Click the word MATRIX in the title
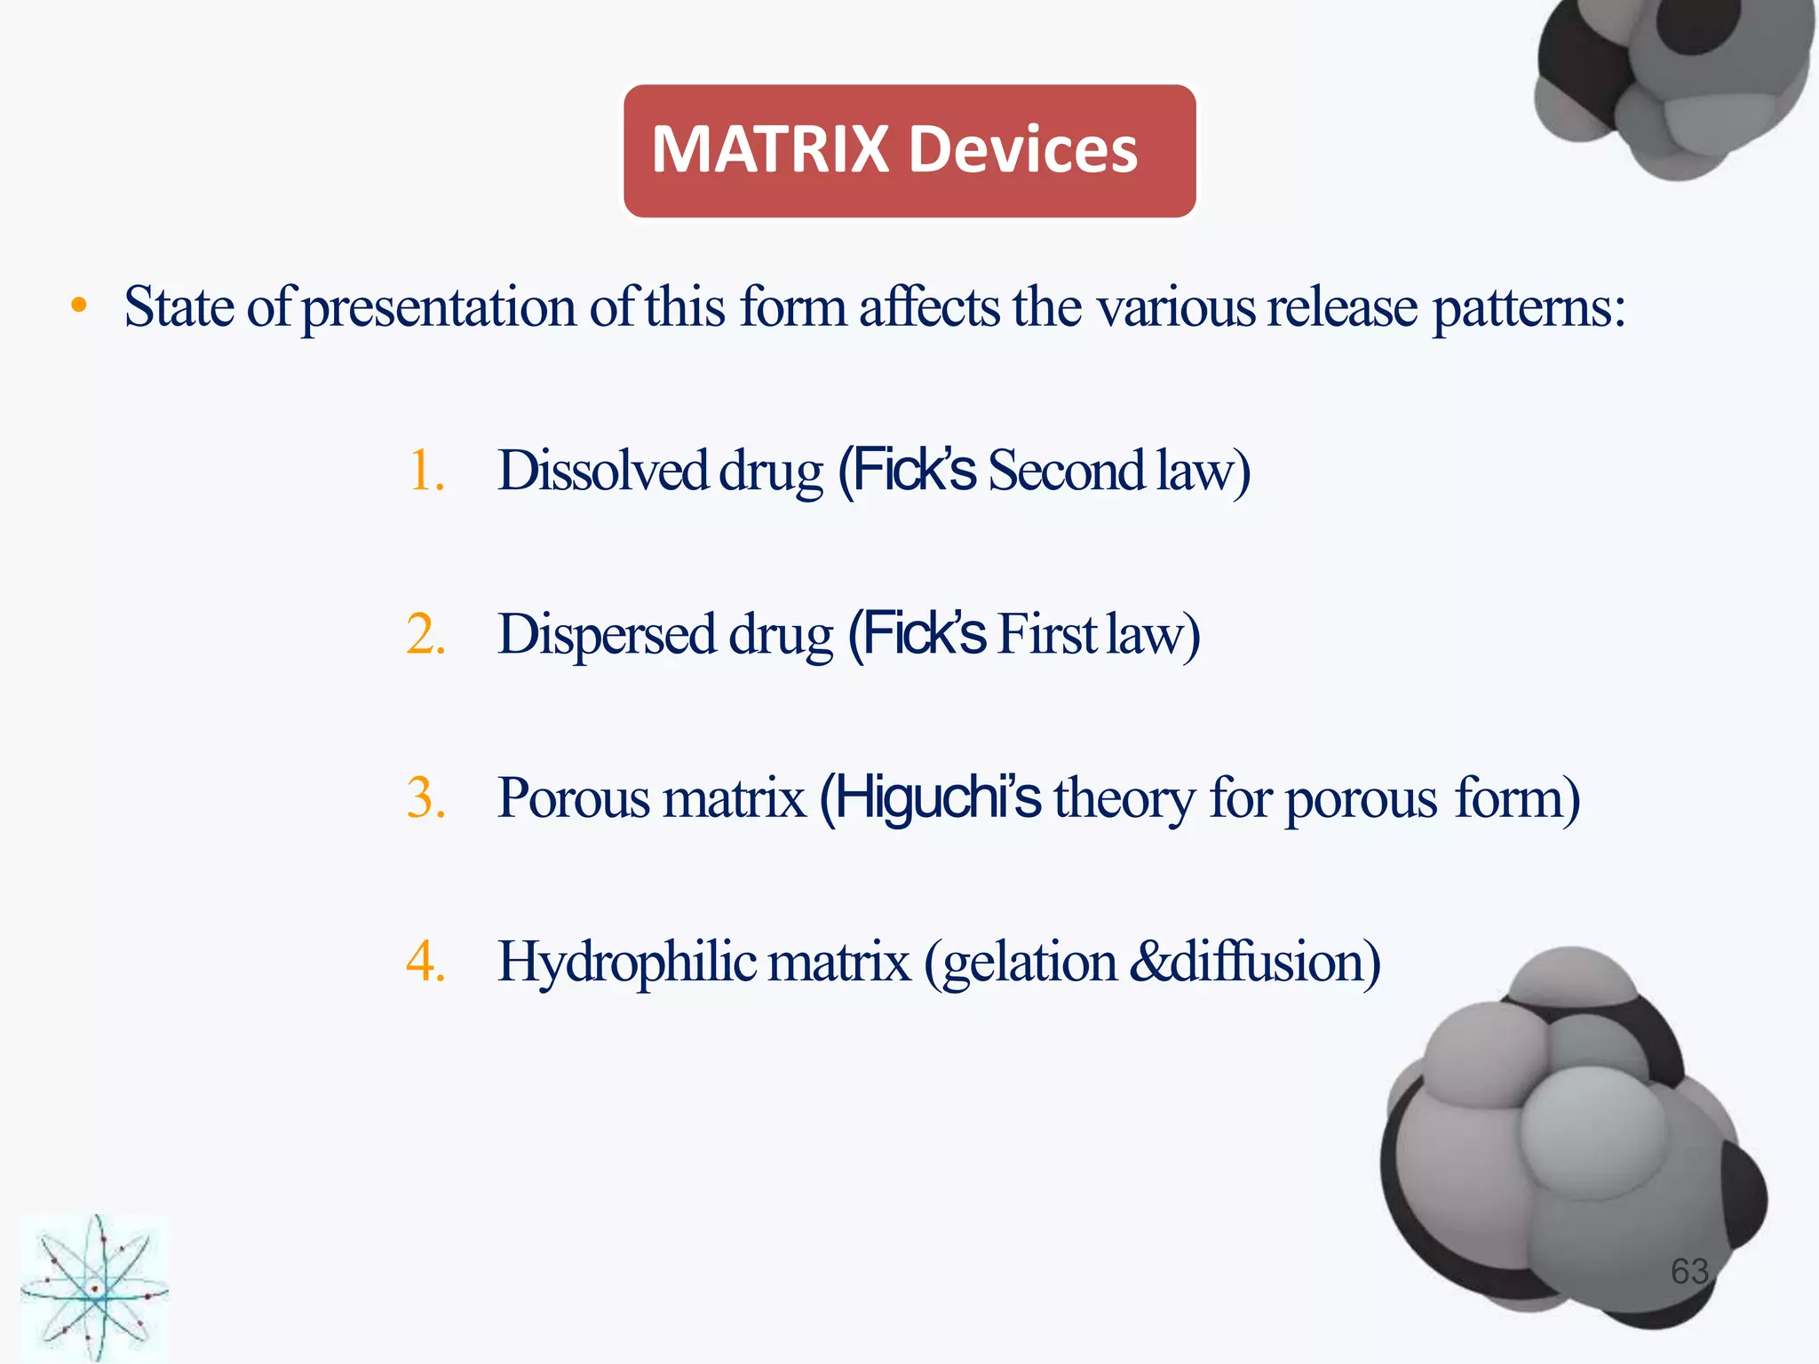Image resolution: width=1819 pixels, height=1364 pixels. pyautogui.click(x=770, y=149)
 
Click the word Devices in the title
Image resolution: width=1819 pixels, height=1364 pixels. pyautogui.click(x=1023, y=149)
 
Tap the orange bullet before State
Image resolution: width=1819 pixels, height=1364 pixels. pyautogui.click(x=80, y=306)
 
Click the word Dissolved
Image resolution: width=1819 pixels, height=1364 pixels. pyautogui.click(x=603, y=471)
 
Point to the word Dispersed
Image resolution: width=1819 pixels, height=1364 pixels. pyautogui.click(x=608, y=635)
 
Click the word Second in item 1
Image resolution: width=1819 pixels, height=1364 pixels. pyautogui.click(x=1067, y=471)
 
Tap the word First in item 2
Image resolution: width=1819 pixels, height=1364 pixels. pyautogui.click(x=1047, y=635)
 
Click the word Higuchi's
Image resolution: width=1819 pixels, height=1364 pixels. pyautogui.click(x=938, y=798)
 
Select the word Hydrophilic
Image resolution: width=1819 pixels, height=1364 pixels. pyautogui.click(x=627, y=962)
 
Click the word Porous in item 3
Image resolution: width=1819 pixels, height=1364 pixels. pyautogui.click(x=574, y=798)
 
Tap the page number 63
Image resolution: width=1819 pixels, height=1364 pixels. pyautogui.click(x=1689, y=1272)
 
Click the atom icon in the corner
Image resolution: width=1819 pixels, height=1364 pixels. pyautogui.click(x=94, y=1288)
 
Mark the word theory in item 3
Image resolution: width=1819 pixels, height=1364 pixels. pyautogui.click(x=1124, y=798)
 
